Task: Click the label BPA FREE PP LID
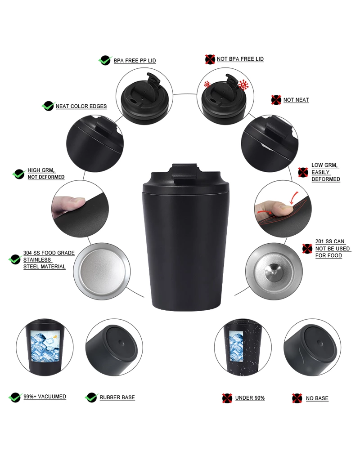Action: [135, 61]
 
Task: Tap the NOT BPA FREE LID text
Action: [240, 59]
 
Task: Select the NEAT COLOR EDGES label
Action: [81, 107]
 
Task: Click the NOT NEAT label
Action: [296, 100]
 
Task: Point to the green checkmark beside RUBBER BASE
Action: [92, 397]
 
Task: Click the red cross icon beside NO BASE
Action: [297, 398]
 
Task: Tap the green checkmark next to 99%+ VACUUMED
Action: [16, 397]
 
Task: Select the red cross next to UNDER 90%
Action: [227, 398]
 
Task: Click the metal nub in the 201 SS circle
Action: [272, 270]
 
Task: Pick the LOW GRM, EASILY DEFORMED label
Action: [325, 172]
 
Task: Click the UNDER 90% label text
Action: [250, 398]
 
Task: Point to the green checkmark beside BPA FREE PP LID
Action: [104, 60]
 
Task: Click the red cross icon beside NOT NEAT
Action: [276, 100]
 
